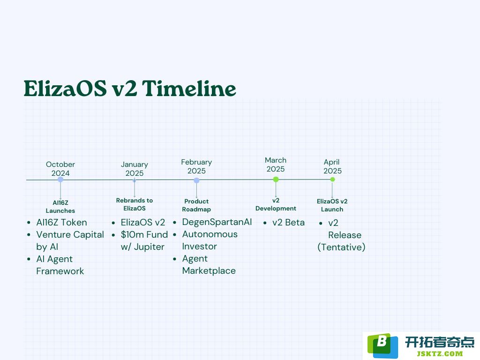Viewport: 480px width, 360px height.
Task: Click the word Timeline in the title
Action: pyautogui.click(x=189, y=89)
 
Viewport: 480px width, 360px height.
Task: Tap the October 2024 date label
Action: pyautogui.click(x=60, y=169)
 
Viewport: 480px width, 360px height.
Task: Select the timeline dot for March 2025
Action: pyautogui.click(x=276, y=180)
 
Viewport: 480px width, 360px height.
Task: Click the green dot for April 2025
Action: pyautogui.click(x=332, y=180)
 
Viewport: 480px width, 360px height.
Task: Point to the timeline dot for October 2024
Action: pyautogui.click(x=60, y=180)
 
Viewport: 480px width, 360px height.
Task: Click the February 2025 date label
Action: pyautogui.click(x=196, y=166)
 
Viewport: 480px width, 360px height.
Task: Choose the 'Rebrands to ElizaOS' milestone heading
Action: pyautogui.click(x=135, y=204)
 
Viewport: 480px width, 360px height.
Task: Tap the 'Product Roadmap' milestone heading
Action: pyautogui.click(x=196, y=205)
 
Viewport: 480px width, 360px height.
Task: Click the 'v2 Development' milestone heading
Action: pyautogui.click(x=276, y=204)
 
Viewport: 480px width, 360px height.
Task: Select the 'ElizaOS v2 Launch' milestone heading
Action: pyautogui.click(x=332, y=205)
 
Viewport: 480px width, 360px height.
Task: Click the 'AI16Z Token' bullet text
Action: pyautogui.click(x=61, y=222)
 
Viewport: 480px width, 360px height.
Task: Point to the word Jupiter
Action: pyautogui.click(x=149, y=247)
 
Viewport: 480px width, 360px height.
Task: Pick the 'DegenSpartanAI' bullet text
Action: pyautogui.click(x=217, y=222)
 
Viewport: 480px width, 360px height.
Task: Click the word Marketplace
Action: pyautogui.click(x=209, y=270)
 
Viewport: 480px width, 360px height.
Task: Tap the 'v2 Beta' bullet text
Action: pyautogui.click(x=288, y=222)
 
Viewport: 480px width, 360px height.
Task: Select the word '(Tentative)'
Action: pyautogui.click(x=341, y=247)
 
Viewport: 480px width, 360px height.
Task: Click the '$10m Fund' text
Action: pyautogui.click(x=144, y=234)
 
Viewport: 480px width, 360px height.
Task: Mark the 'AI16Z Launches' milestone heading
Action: pyautogui.click(x=60, y=207)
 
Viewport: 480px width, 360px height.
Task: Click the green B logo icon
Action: pyautogui.click(x=382, y=345)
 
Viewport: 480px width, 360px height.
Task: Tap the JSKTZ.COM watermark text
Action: pyautogui.click(x=440, y=354)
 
